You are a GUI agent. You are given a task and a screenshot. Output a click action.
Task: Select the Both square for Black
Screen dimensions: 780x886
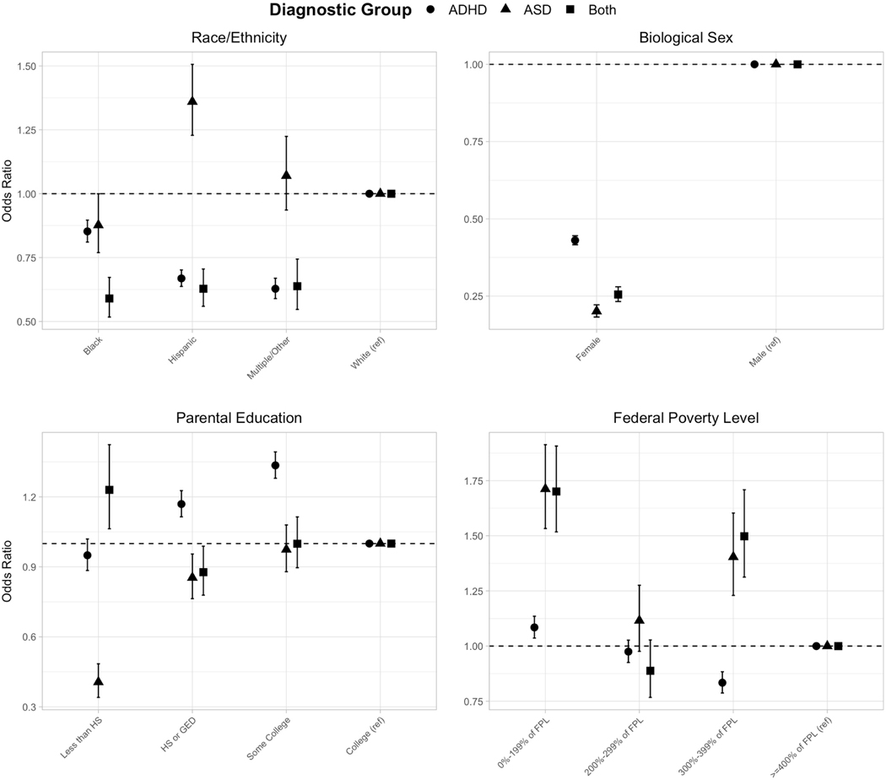point(109,299)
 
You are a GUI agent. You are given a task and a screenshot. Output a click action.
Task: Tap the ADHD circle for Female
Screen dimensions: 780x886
point(575,241)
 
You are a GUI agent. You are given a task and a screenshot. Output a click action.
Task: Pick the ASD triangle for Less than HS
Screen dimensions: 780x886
point(99,680)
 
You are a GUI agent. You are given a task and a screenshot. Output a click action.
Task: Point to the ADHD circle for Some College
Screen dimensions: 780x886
point(275,465)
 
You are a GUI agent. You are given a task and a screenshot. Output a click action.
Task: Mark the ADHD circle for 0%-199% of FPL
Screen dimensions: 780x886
point(534,627)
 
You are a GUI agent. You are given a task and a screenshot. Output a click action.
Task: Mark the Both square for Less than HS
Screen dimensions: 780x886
point(109,490)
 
